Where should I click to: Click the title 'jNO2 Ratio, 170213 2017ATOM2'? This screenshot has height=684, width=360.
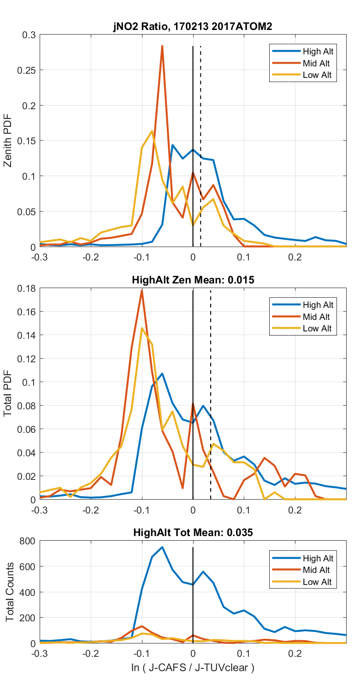pyautogui.click(x=193, y=27)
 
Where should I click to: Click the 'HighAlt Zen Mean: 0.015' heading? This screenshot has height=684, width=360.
pyautogui.click(x=193, y=280)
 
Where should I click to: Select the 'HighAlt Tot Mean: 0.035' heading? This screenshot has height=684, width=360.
pyautogui.click(x=193, y=532)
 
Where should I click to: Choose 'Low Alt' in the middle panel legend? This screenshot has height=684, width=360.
pyautogui.click(x=317, y=329)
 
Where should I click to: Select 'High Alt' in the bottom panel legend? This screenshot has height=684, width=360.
pyautogui.click(x=318, y=558)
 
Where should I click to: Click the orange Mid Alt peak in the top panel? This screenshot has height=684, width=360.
pyautogui.click(x=162, y=46)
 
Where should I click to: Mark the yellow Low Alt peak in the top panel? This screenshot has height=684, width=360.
pyautogui.click(x=152, y=131)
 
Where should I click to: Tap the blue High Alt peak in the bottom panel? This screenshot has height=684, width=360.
pyautogui.click(x=162, y=547)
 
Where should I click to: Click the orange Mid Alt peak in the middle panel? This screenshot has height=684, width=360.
pyautogui.click(x=142, y=290)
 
